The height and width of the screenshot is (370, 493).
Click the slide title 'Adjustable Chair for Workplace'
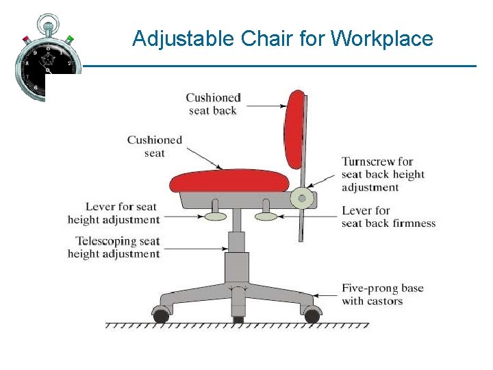point(282,38)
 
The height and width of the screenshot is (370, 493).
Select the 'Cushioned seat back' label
point(213,104)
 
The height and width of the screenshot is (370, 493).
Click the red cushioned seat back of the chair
point(296,130)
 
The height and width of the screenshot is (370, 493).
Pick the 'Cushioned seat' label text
point(155,147)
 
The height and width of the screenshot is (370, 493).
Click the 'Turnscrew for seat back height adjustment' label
point(383,175)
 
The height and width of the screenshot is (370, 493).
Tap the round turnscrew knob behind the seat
point(301,199)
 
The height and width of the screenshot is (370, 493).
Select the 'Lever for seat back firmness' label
point(388,217)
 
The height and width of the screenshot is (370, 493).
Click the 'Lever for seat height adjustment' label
point(114,213)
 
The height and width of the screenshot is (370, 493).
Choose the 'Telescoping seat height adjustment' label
point(114,247)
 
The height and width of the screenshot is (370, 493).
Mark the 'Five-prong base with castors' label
point(383,295)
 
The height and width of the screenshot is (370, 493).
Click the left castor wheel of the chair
point(161,316)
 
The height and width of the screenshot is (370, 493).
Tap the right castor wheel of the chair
point(312,316)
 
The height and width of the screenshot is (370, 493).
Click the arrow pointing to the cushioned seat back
point(267,105)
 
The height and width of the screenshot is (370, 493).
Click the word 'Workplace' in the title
point(382,38)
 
